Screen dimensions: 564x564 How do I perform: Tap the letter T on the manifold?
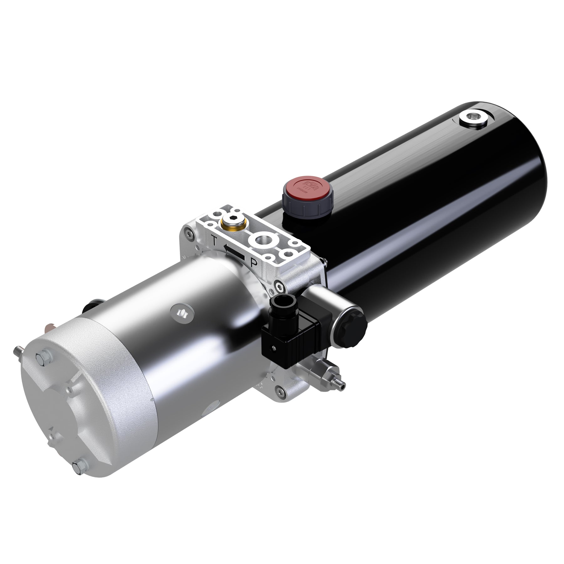[x=214, y=241]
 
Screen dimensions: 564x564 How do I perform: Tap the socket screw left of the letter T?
[x=188, y=232]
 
